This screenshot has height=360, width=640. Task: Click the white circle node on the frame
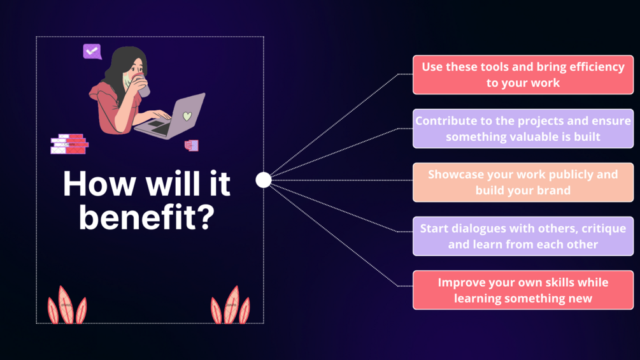click(x=263, y=180)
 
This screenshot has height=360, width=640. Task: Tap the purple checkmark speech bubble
click(x=92, y=52)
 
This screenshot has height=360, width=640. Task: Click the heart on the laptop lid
click(x=187, y=117)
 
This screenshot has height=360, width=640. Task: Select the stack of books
click(x=69, y=144)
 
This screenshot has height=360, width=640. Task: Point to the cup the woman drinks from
click(x=141, y=85)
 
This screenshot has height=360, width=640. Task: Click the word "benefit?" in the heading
click(x=146, y=217)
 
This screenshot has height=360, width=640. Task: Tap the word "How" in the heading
click(x=99, y=184)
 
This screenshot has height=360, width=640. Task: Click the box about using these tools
click(x=523, y=75)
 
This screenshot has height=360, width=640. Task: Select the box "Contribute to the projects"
click(x=523, y=129)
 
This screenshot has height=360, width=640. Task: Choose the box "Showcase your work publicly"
click(x=523, y=182)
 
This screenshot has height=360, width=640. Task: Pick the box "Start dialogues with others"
click(x=523, y=236)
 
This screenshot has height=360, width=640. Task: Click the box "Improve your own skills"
click(x=523, y=290)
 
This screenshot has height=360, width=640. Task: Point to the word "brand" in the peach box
click(x=553, y=191)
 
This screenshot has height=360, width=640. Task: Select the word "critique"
click(x=604, y=229)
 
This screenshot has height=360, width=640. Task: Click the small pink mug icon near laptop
click(x=192, y=145)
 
